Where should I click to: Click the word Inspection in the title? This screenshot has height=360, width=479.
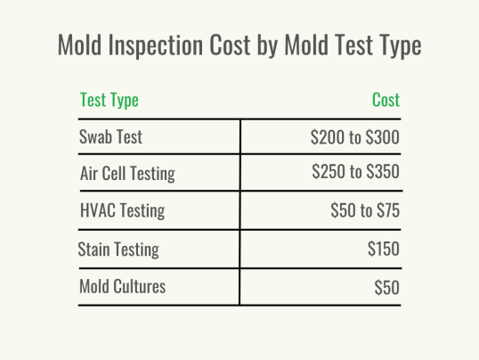pyautogui.click(x=162, y=46)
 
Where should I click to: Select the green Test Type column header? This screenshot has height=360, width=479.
pyautogui.click(x=110, y=100)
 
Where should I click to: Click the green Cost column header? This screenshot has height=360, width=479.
pyautogui.click(x=386, y=100)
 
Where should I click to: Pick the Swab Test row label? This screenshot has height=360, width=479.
pyautogui.click(x=111, y=138)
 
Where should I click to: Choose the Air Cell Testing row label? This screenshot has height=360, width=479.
pyautogui.click(x=127, y=174)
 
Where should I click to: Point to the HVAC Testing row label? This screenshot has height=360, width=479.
pyautogui.click(x=122, y=211)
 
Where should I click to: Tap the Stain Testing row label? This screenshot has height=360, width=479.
pyautogui.click(x=118, y=249)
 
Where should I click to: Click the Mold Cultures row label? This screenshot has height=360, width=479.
pyautogui.click(x=122, y=287)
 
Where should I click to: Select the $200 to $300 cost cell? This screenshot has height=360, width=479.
pyautogui.click(x=354, y=138)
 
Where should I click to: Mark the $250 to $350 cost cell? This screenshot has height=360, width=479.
pyautogui.click(x=355, y=174)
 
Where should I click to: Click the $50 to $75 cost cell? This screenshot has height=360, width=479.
pyautogui.click(x=364, y=211)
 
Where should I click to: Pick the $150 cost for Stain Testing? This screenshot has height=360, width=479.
pyautogui.click(x=383, y=249)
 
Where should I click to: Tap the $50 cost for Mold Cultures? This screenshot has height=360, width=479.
pyautogui.click(x=386, y=287)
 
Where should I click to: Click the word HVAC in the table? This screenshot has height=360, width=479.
pyautogui.click(x=97, y=211)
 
